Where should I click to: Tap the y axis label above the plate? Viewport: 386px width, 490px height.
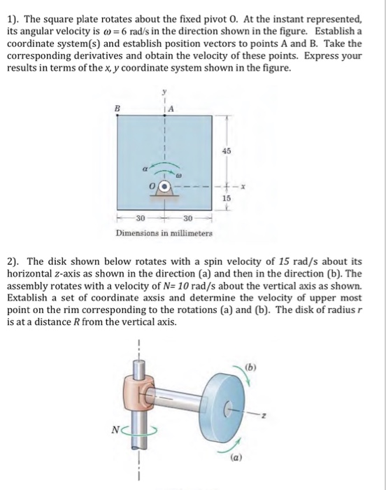coord(165,90)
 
